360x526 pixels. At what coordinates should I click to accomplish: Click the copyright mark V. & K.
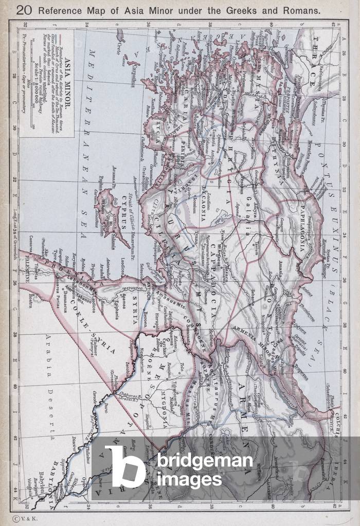coord(23,519)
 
